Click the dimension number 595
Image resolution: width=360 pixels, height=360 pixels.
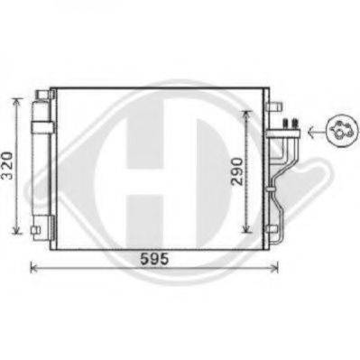154,259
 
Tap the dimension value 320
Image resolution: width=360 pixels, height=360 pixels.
7,166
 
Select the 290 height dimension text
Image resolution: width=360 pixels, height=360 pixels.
236,172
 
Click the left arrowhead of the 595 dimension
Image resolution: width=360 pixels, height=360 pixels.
33,267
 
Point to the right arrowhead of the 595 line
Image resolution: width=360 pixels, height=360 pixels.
274,267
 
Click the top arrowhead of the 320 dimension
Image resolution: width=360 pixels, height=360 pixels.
16,101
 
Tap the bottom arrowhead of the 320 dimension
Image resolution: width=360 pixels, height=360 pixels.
16,230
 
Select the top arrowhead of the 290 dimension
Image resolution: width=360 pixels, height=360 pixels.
246,114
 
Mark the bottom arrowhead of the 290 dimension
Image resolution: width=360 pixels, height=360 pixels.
246,229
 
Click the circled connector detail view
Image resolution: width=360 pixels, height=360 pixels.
342,131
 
